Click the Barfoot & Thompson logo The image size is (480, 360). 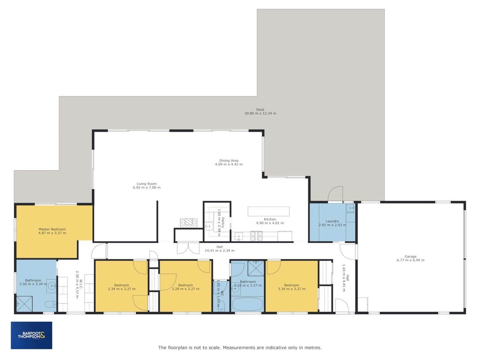tap(31, 335)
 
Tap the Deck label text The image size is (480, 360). tap(260, 110)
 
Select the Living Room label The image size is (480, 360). tap(147, 184)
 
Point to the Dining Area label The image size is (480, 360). tap(229, 161)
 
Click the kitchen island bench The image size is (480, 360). tap(269, 211)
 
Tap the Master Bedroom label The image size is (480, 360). tap(52, 229)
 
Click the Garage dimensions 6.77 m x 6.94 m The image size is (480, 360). tap(411, 260)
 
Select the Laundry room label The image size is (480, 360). tap(332, 221)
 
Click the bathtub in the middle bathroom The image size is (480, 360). tap(248, 304)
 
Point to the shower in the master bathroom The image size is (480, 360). tap(24, 304)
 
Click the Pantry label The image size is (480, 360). tap(223, 223)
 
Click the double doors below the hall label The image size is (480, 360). tap(188, 248)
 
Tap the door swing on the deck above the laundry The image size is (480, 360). tap(336, 194)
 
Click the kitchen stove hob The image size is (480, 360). tap(256, 236)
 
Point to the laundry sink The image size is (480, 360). tap(350, 208)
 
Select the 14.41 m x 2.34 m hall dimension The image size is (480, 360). tap(220, 251)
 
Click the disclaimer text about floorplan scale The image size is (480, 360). tap(240, 347)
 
